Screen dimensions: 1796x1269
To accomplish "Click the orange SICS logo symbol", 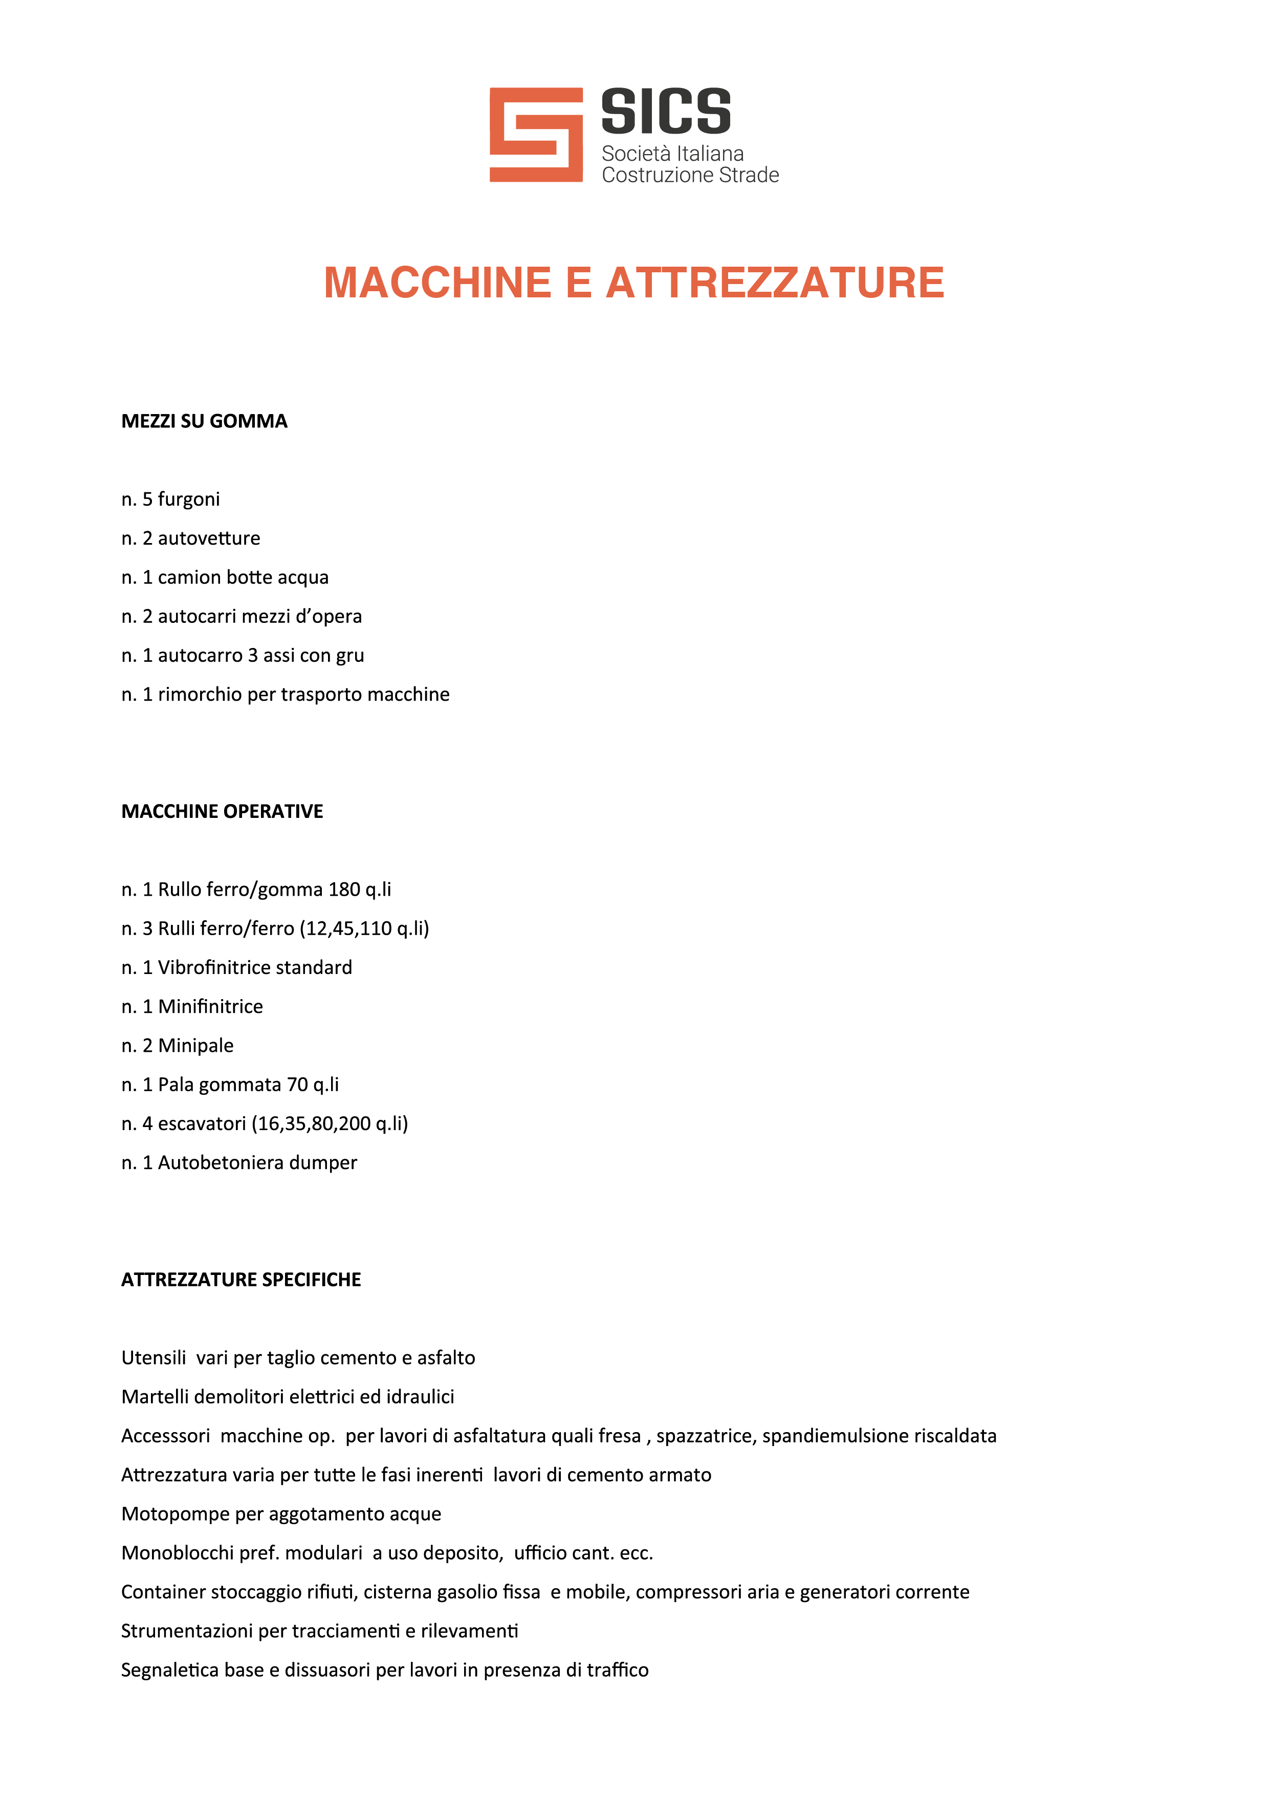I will point(536,135).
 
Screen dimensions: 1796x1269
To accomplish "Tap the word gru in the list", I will point(351,656).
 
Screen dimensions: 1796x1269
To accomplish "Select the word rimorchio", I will point(200,695).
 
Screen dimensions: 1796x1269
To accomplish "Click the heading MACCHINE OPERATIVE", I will point(222,811).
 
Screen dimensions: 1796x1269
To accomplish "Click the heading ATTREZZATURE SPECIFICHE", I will point(241,1280).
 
